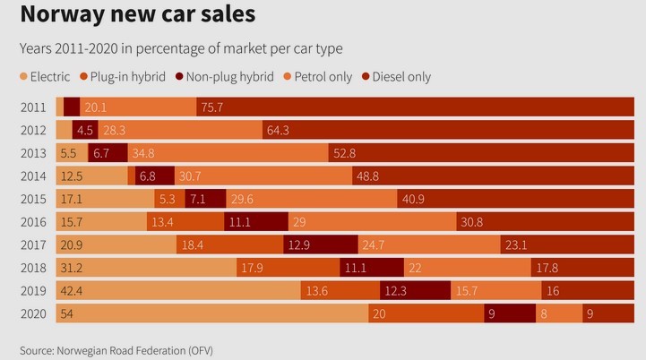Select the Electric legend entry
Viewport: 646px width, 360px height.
45,77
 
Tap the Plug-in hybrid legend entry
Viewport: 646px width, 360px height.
121,77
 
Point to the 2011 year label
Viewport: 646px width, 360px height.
34,107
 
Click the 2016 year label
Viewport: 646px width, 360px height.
34,221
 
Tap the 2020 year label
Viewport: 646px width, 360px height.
34,313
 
